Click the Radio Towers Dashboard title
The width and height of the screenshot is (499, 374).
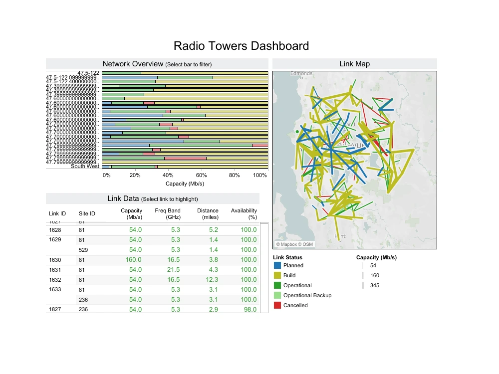point(241,46)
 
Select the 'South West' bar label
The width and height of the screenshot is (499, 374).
point(85,166)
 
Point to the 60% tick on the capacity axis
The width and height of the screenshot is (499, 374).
point(201,175)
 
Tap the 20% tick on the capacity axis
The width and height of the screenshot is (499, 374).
point(135,175)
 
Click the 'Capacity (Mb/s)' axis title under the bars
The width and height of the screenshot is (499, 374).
point(185,184)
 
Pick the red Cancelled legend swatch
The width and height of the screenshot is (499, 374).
point(277,305)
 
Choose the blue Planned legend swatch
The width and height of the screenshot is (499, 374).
point(277,265)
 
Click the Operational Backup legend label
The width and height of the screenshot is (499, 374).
point(307,295)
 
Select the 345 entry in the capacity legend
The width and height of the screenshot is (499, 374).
point(375,285)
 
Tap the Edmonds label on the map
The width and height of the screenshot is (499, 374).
point(301,73)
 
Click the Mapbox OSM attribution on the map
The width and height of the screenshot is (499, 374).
point(294,244)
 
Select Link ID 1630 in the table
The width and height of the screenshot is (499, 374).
point(55,260)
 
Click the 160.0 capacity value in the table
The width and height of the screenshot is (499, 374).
point(133,260)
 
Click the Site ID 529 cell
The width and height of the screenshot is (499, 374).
point(84,250)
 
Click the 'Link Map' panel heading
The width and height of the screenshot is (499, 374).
point(354,64)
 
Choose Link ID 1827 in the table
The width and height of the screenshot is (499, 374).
point(55,310)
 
